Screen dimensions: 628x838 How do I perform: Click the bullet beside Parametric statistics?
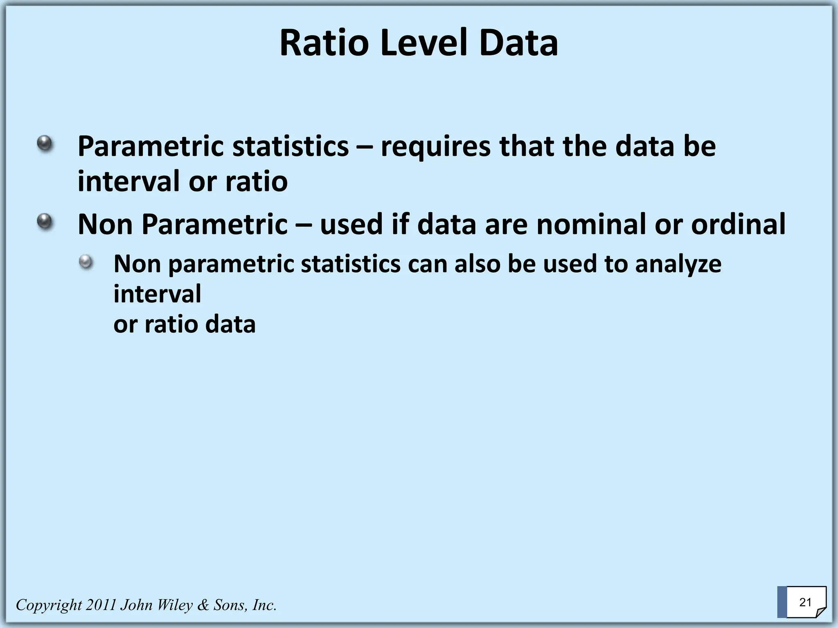click(x=45, y=144)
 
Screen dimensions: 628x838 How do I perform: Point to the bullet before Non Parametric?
click(x=45, y=222)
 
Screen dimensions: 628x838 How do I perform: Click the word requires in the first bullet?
click(x=435, y=146)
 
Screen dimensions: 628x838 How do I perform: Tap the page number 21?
click(x=805, y=602)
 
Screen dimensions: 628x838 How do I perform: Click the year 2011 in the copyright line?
click(x=101, y=605)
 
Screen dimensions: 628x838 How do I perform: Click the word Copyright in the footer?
click(x=49, y=605)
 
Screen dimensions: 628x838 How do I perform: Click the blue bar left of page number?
click(x=782, y=602)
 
